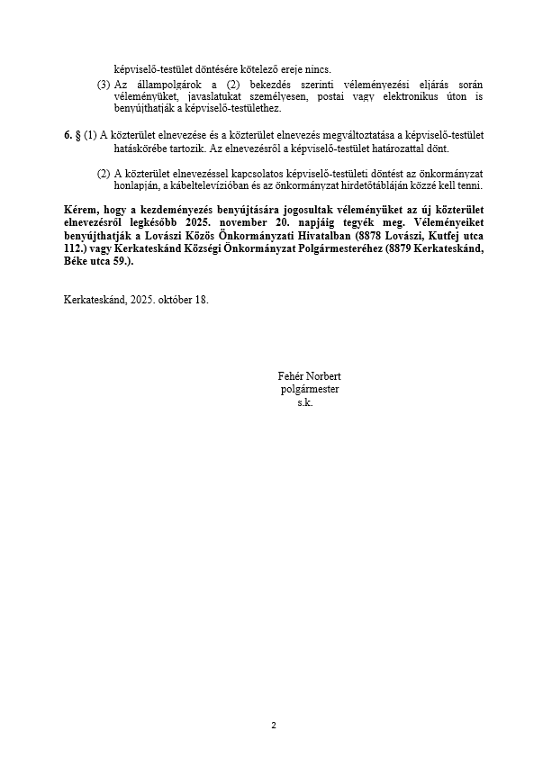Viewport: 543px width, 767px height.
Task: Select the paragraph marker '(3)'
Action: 104,84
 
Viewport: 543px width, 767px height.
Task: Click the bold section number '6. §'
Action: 72,135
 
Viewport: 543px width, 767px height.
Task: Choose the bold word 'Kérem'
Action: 79,210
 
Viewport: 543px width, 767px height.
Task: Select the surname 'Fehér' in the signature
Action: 294,376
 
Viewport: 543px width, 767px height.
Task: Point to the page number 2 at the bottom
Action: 273,726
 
